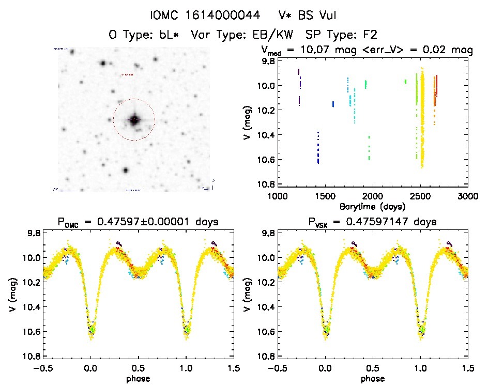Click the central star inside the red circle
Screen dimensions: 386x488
tap(134, 120)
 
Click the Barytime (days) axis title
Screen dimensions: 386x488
tap(372, 206)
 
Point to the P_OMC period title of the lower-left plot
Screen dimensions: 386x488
tap(138, 222)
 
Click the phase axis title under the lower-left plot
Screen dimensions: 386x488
tap(138, 378)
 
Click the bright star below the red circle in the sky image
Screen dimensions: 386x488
tap(125, 170)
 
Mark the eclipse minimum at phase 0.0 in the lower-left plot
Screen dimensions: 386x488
tap(91, 331)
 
